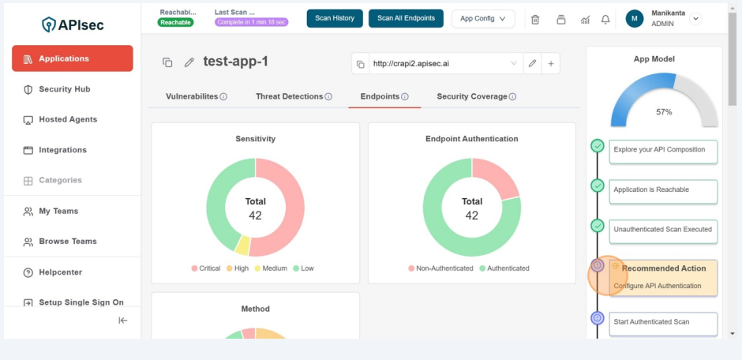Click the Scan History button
tap(335, 18)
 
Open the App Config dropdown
tap(482, 18)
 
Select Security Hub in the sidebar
tap(65, 89)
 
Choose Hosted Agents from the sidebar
tap(68, 119)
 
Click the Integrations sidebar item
tap(62, 150)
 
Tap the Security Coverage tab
tap(472, 96)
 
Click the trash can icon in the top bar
tap(535, 19)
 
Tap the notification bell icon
tap(605, 19)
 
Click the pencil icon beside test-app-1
tap(189, 62)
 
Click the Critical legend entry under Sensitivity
tap(205, 268)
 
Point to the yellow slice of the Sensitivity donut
tap(242, 245)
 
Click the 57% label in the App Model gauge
tap(664, 112)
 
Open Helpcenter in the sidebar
tap(60, 272)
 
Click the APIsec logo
tap(73, 24)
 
